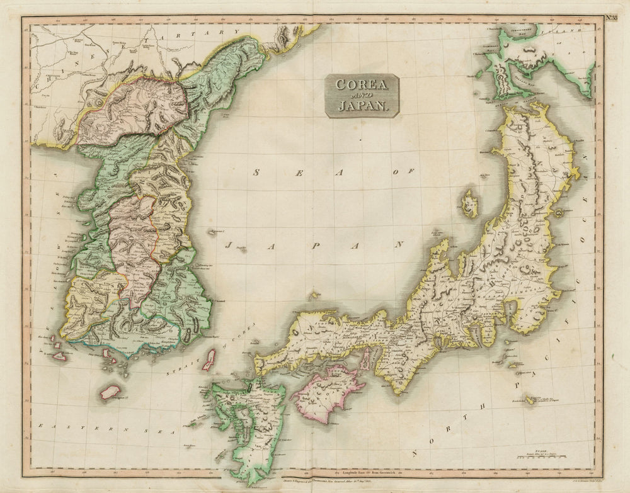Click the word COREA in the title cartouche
[362, 84]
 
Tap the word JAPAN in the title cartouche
[362, 105]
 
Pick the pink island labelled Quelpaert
[110, 392]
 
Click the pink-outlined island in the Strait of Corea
[209, 360]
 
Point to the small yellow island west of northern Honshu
[468, 204]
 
